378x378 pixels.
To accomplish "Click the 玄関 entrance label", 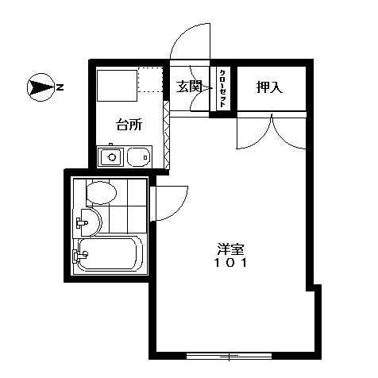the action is coord(189,87).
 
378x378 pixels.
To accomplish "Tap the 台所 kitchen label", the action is coord(129,125).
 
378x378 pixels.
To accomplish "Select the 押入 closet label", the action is coord(269,87).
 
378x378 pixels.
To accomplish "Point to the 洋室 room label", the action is coord(230,249).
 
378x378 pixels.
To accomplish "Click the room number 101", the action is coord(230,263).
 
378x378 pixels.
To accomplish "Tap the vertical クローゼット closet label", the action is coord(222,88).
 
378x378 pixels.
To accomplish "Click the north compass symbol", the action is coord(40,87).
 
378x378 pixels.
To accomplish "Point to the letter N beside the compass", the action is coord(60,87).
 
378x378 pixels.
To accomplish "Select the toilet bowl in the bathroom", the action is coord(102,193).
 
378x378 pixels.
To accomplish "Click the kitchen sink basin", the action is coord(138,157).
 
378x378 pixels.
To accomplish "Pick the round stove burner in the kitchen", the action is coord(113,157).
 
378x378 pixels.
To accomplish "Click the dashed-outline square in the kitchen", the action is coord(150,80).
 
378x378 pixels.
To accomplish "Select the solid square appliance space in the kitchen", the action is coord(118,86).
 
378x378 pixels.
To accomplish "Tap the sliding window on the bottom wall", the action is coord(229,356).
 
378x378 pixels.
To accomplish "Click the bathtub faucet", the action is coord(80,256).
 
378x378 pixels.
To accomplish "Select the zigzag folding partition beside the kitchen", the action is coord(166,135).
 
